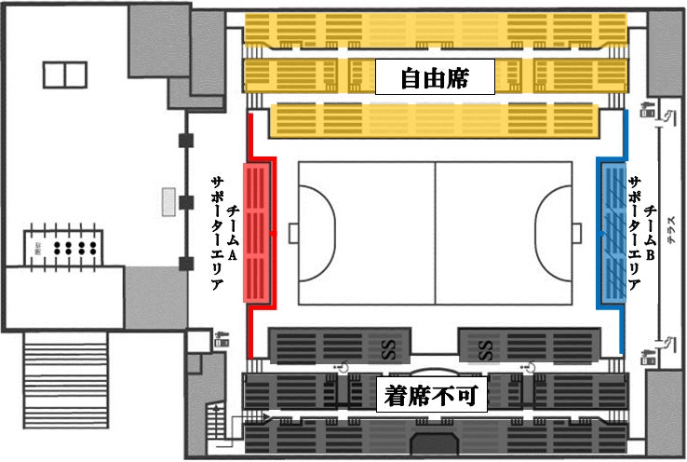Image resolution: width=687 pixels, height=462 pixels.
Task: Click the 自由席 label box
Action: pyautogui.click(x=434, y=77)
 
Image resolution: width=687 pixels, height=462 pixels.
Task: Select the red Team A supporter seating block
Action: pyautogui.click(x=257, y=232)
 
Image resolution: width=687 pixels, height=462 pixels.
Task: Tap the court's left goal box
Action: pyautogui.click(x=292, y=232)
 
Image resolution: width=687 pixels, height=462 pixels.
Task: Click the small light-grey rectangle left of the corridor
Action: pyautogui.click(x=168, y=202)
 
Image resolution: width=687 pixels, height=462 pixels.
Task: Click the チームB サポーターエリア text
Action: pyautogui.click(x=642, y=232)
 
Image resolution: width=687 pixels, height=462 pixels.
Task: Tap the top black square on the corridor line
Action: pyautogui.click(x=186, y=141)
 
